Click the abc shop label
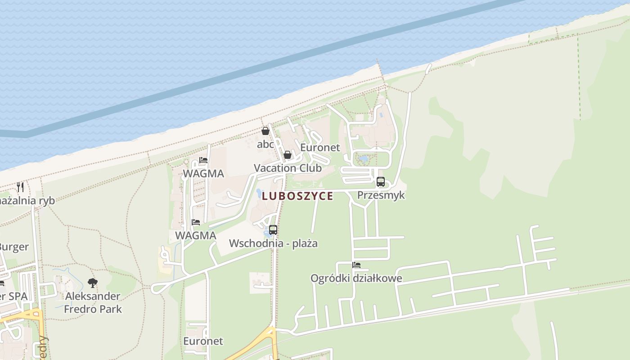[x=265, y=144]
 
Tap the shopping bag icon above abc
[x=265, y=131]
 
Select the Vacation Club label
[x=288, y=168]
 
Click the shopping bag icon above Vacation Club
[x=288, y=155]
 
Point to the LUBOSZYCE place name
[x=297, y=196]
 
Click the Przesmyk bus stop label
[x=381, y=195]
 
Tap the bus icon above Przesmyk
[x=381, y=182]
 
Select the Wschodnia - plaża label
[x=273, y=243]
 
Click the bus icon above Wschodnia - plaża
[x=273, y=230]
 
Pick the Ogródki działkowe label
[x=356, y=278]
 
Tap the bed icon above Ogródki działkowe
[x=356, y=265]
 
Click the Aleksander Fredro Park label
[x=93, y=302]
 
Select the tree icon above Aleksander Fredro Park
[x=93, y=283]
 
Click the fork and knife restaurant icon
[x=20, y=187]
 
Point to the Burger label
[x=14, y=247]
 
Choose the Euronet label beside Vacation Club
[x=320, y=148]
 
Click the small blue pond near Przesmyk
[x=363, y=159]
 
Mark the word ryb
[x=45, y=201]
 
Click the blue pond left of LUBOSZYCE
[x=259, y=193]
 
